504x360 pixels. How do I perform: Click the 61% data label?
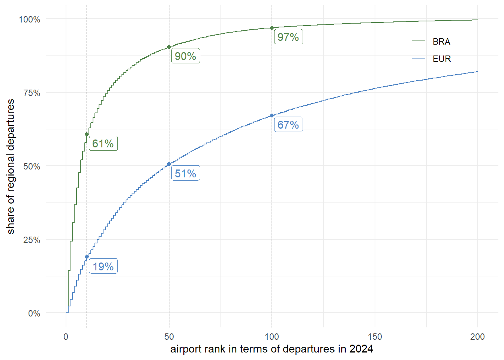click(x=103, y=143)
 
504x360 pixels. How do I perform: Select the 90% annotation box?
click(x=186, y=56)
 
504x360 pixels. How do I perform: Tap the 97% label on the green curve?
click(x=288, y=37)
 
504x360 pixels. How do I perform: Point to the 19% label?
click(x=103, y=266)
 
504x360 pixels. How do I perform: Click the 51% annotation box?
click(x=186, y=173)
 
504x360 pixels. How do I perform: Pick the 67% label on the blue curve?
click(x=288, y=124)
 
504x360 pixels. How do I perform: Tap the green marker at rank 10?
click(x=87, y=134)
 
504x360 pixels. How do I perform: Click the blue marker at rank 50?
click(x=169, y=164)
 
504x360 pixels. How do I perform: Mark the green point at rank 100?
click(x=272, y=28)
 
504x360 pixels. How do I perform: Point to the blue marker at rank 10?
click(x=87, y=257)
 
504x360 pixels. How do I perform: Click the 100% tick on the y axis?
click(x=30, y=19)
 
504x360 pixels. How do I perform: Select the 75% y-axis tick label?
click(x=31, y=93)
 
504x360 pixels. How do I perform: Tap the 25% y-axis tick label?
click(x=31, y=240)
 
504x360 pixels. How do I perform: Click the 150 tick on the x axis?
click(x=375, y=336)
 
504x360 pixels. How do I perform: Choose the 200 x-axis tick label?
click(x=477, y=336)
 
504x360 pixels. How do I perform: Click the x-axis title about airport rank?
click(x=271, y=349)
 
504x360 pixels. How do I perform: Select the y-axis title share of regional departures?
click(x=10, y=166)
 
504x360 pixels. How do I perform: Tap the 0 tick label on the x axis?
click(x=66, y=336)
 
